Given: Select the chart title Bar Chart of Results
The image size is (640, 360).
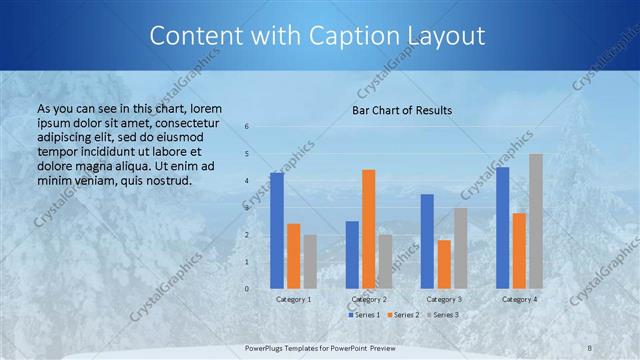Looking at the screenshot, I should pos(402,110).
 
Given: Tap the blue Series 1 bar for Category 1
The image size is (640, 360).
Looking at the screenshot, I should pos(277,230).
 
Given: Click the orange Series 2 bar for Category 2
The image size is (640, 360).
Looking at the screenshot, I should pos(368,229).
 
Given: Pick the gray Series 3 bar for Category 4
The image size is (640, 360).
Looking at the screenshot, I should pos(536,221).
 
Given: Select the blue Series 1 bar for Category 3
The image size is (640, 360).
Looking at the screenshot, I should pos(427,241).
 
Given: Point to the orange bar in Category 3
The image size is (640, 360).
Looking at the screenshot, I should pos(444,264).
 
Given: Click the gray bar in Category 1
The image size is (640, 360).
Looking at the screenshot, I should pos(310,261).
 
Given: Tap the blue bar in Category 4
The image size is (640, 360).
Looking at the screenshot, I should pos(502,227).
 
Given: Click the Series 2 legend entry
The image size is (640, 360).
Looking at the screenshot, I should pos(404,314).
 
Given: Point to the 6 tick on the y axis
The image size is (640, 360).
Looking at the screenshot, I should pos(247,127).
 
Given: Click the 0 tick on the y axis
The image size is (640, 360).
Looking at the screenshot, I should pos(247,288).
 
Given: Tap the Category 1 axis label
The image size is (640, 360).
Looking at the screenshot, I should pos(293,299).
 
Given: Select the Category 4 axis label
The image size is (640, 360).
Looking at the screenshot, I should pos(519,299).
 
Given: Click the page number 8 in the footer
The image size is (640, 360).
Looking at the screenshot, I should pos(590,347).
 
